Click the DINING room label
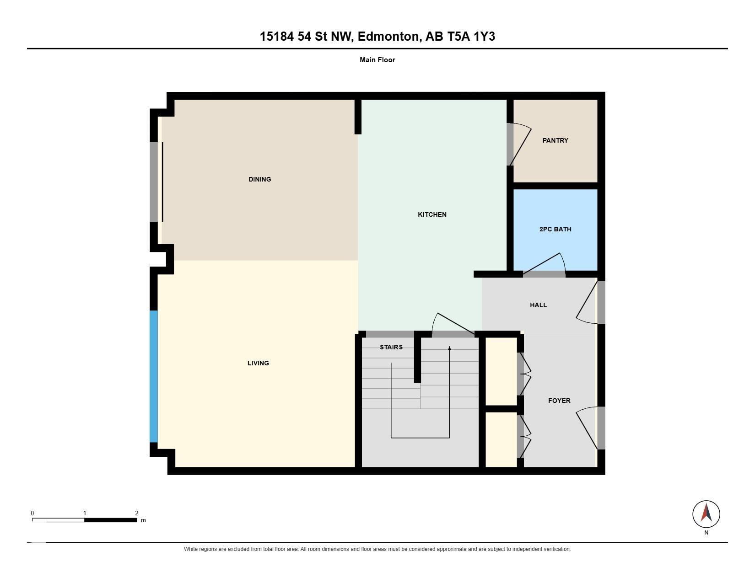[x=259, y=179]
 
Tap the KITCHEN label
[x=432, y=214]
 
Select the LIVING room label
[x=258, y=363]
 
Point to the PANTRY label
[x=555, y=140]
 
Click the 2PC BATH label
[x=555, y=229]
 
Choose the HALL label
[x=538, y=305]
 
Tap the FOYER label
[x=559, y=401]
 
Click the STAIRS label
[x=391, y=347]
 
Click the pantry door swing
[x=520, y=144]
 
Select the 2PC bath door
[x=544, y=265]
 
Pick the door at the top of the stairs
[x=453, y=325]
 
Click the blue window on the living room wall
[x=154, y=376]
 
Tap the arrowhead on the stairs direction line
[x=449, y=348]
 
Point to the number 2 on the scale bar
[x=136, y=513]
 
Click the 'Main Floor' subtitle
[x=377, y=60]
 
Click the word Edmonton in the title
[x=388, y=37]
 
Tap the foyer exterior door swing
[x=587, y=428]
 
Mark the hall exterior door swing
[x=587, y=302]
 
